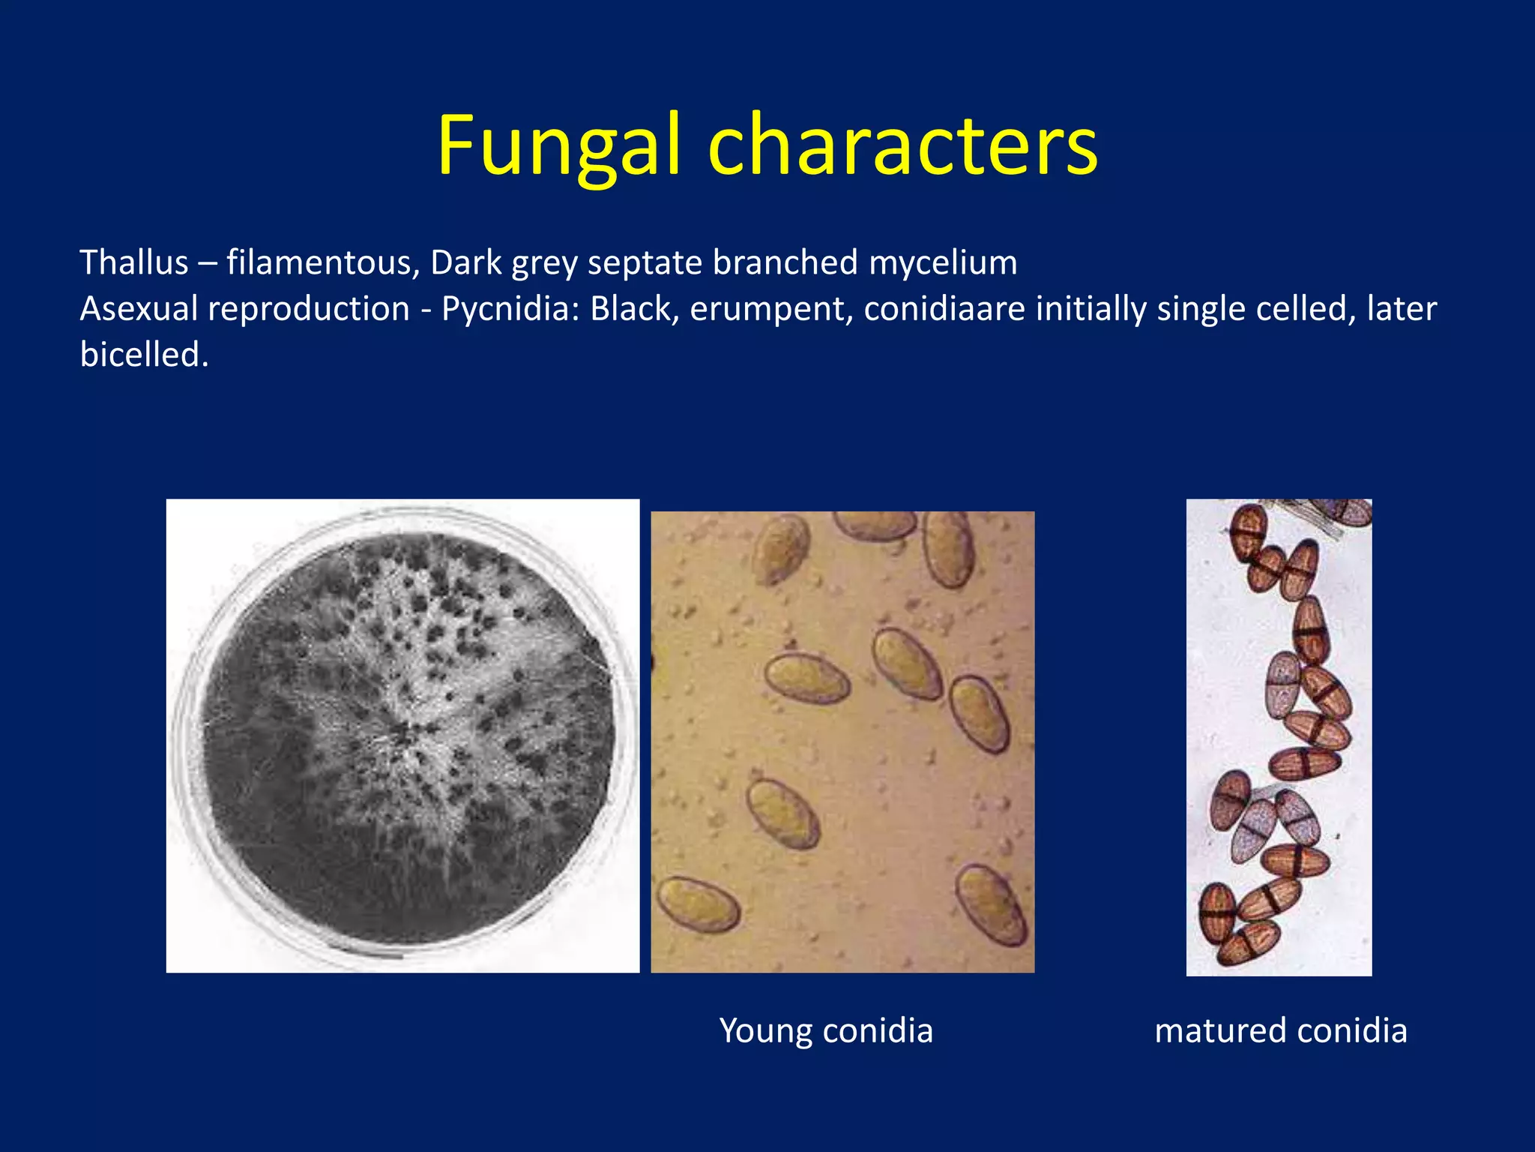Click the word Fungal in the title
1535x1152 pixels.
tap(558, 146)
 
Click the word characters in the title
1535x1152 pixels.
tap(902, 146)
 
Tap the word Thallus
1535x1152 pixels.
tap(134, 263)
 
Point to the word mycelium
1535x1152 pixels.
tap(943, 263)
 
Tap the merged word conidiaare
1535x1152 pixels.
tap(944, 309)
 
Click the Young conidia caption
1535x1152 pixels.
tap(826, 1030)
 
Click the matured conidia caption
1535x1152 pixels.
tap(1280, 1030)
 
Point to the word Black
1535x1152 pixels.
tap(634, 309)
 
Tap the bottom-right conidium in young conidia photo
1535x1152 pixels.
tap(992, 905)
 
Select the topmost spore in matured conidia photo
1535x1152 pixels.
tap(1249, 531)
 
